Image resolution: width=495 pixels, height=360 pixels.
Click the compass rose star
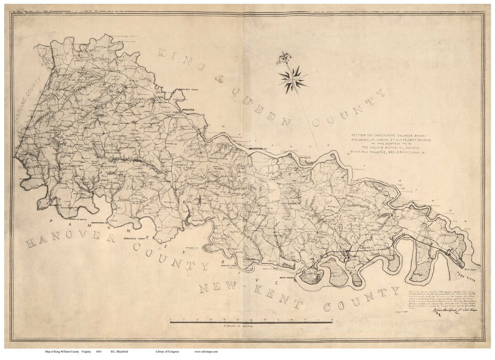[x=292, y=78]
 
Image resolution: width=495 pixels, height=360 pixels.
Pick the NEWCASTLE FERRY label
[x=134, y=239]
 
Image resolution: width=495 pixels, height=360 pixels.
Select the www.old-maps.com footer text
[x=205, y=352]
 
